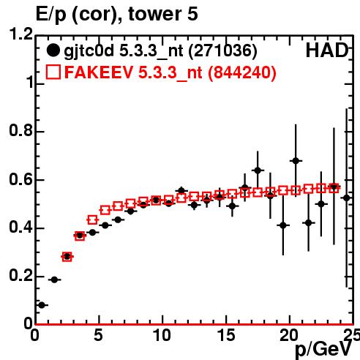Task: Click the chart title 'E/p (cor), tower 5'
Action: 116,14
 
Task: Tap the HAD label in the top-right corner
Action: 326,50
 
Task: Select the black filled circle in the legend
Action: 53,50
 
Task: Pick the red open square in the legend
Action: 53,72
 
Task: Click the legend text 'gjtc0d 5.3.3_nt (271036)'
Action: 160,51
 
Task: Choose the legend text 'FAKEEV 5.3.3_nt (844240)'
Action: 170,72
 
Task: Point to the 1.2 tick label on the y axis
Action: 21,34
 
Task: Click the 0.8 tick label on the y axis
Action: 21,130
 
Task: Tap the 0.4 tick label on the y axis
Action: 21,227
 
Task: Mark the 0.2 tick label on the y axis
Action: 21,275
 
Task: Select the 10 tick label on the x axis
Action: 162,335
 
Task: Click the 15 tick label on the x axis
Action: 226,335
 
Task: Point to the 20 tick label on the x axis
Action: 289,335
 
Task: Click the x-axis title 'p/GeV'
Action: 323,349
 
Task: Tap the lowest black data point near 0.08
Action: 42,305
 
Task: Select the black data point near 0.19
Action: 54,280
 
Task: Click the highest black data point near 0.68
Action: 296,161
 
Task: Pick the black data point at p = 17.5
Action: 258,170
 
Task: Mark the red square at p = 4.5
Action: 92,220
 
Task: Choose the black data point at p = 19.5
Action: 283,225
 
